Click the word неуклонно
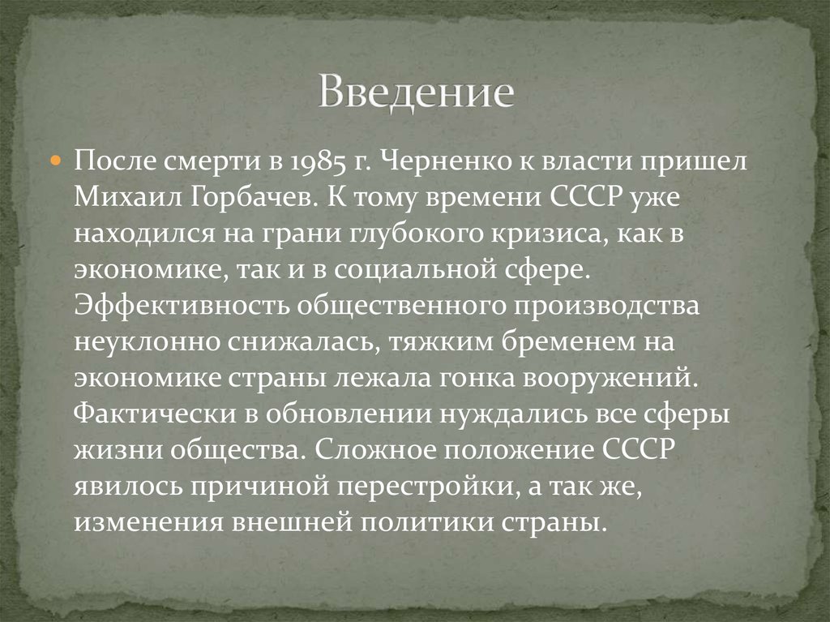[x=141, y=341]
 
